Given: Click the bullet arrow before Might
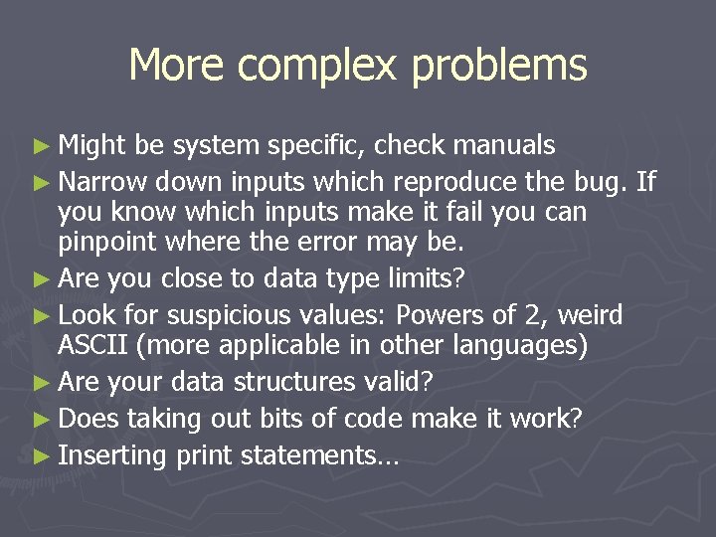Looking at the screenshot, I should pyautogui.click(x=45, y=147).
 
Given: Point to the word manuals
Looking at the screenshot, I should pyautogui.click(x=504, y=146).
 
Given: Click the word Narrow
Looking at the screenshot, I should pyautogui.click(x=103, y=181).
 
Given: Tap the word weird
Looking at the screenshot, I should pyautogui.click(x=591, y=315).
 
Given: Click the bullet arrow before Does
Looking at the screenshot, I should pyautogui.click(x=45, y=419).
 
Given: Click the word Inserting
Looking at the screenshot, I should pyautogui.click(x=113, y=455).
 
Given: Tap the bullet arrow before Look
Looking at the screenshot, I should pyautogui.click(x=45, y=316).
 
